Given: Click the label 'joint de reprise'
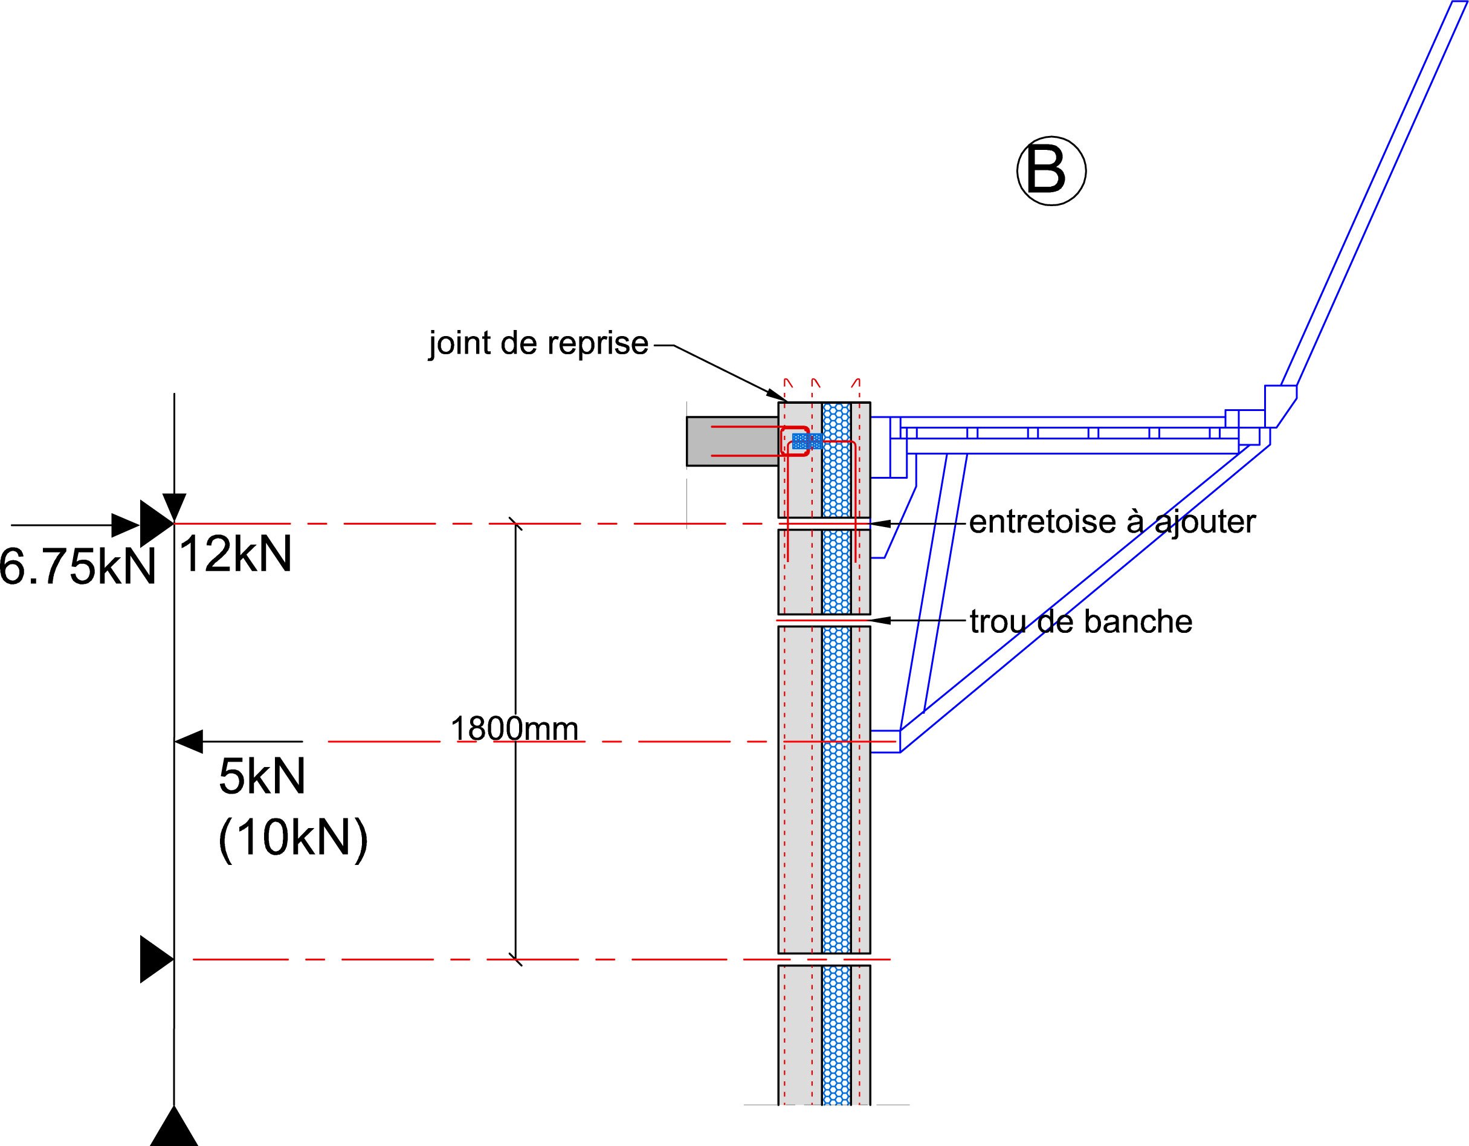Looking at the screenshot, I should pos(538,344).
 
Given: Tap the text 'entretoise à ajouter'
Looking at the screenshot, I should pos(1112,522).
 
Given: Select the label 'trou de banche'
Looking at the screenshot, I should pos(1081,622).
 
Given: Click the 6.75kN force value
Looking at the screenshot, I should pos(77,566).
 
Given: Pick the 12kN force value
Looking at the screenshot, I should pos(236,554).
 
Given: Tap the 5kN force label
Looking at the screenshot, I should pos(262,777).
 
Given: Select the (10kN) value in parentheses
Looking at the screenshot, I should pos(293,839).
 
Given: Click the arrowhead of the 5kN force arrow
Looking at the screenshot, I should pos(188,741).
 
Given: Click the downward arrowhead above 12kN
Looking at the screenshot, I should pos(174,505).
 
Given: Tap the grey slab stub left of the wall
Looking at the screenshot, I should pos(732,441).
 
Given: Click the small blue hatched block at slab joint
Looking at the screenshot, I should pos(807,441).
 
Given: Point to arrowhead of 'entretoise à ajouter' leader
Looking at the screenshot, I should pos(880,523).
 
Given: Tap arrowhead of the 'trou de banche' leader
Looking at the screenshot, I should pos(880,620).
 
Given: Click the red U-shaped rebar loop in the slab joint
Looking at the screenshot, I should pos(795,441).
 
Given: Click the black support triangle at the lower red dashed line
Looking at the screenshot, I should pos(156,959).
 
